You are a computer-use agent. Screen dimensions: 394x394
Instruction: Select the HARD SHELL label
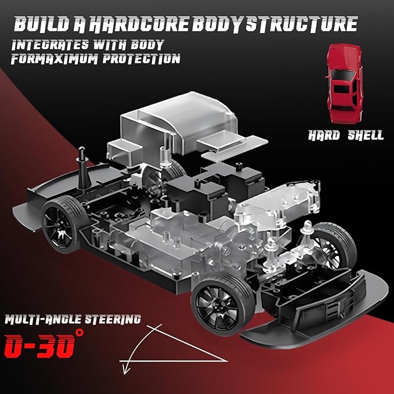click(346, 135)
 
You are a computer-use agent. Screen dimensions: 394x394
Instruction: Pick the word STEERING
click(112, 319)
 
